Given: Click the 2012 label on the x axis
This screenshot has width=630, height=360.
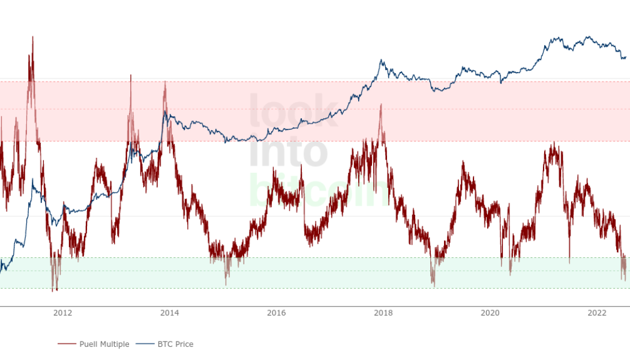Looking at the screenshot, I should pos(62,313).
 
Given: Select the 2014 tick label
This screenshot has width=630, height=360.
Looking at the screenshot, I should pos(169,313).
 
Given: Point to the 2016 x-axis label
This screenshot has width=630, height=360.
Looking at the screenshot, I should pos(276,313).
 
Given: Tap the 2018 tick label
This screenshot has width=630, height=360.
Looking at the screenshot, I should pos(383,313).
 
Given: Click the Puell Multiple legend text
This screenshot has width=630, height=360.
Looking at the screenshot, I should pos(104,344).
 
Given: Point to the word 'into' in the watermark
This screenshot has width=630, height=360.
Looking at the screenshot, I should pos(288,150).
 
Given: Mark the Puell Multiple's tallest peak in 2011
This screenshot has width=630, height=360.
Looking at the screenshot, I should pos(32,37).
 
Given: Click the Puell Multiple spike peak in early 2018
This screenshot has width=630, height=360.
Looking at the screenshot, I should pos(380,104).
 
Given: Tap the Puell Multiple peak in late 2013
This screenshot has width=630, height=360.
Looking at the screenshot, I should pos(165,81).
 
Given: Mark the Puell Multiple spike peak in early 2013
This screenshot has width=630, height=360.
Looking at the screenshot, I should pos(130,75).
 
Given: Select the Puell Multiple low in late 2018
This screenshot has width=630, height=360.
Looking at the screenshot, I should pos(433,286).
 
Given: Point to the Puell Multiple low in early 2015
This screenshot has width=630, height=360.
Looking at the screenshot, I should pos(226,284).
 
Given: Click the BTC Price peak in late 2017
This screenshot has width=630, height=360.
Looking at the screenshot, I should pos(380,59).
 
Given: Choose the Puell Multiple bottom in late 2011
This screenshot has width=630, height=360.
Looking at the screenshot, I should pos(54,291).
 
